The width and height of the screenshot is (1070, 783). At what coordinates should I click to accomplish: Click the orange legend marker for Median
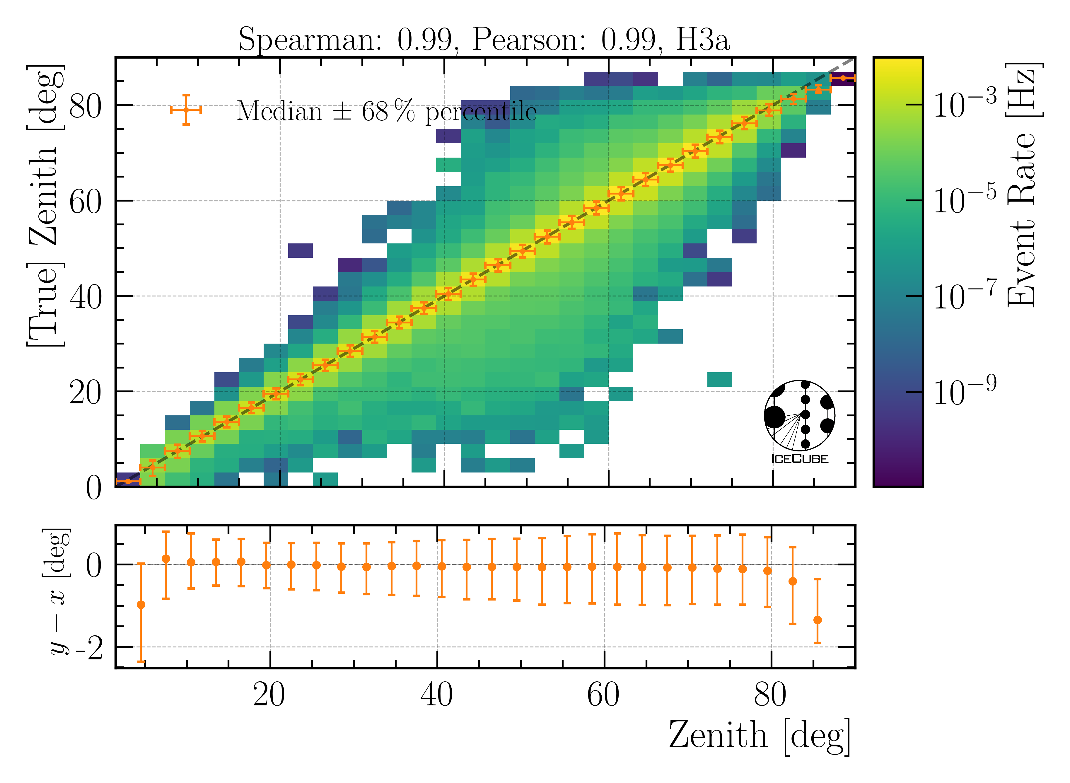(x=186, y=110)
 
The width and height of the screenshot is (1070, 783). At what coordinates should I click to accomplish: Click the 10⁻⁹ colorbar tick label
(x=964, y=391)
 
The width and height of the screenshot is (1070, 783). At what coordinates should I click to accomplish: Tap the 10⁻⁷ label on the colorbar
(x=964, y=296)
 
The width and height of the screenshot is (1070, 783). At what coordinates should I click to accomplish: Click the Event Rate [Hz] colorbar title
(x=1023, y=185)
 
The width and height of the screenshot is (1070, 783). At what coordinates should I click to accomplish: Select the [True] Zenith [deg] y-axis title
(x=45, y=206)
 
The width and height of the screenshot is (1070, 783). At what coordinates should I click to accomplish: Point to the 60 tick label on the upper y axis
(x=85, y=202)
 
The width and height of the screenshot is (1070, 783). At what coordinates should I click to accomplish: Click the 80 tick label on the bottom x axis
(x=771, y=696)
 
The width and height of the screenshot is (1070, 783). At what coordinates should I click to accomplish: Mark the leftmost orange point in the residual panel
(x=141, y=605)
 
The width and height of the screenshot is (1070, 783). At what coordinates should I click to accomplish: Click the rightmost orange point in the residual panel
(x=818, y=620)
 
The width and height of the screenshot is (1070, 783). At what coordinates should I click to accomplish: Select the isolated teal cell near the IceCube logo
(x=719, y=379)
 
